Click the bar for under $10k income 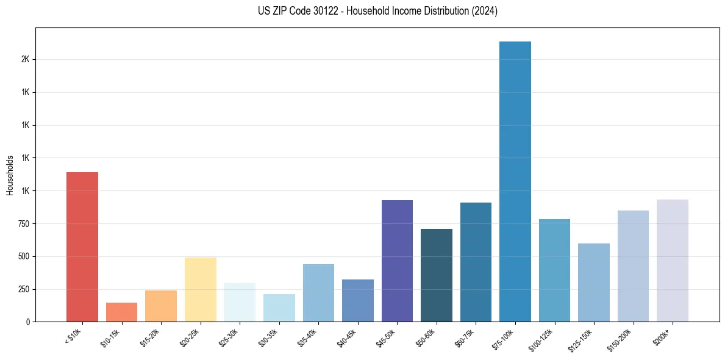[82, 247]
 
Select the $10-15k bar [121, 312]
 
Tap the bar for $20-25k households [200, 289]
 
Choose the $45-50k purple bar [397, 261]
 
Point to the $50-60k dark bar [437, 275]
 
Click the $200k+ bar [673, 261]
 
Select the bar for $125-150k [594, 283]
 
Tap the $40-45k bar [358, 300]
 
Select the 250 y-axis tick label [23, 289]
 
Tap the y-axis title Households [10, 175]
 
